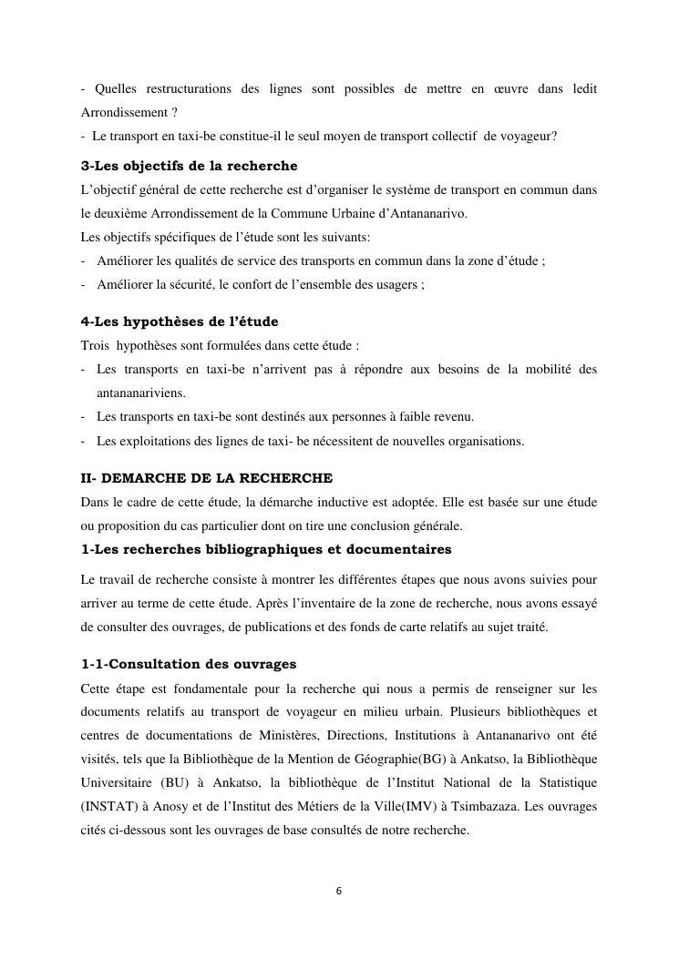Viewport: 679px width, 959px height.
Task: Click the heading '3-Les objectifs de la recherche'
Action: click(190, 167)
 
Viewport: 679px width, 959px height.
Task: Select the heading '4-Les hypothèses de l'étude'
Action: click(180, 321)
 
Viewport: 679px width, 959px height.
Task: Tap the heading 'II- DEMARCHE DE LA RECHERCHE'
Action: click(207, 477)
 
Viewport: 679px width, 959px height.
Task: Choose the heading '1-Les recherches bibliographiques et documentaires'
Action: click(265, 549)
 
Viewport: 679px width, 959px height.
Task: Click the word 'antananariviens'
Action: click(139, 393)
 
